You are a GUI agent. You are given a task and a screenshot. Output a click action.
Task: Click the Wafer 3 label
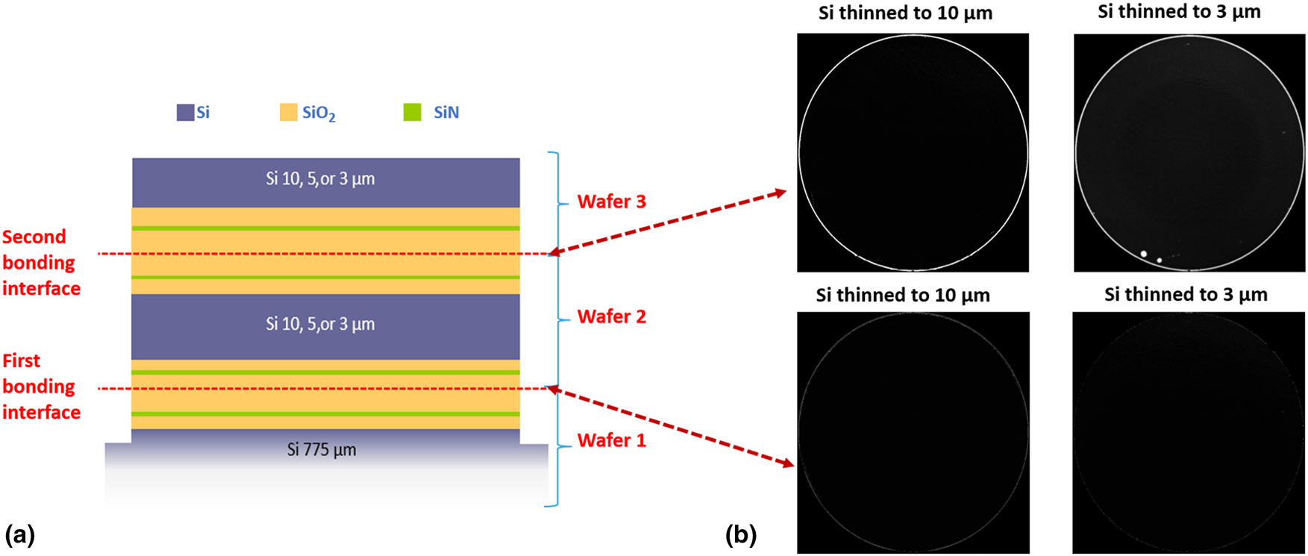coord(611,202)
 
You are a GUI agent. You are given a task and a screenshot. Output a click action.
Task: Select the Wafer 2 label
coord(611,316)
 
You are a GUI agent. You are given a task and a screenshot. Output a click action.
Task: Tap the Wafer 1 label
coord(611,440)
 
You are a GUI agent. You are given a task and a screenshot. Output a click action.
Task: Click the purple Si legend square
coord(185,113)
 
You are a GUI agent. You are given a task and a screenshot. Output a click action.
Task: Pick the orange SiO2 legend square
coord(288,113)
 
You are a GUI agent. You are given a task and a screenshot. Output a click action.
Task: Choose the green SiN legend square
coord(412,113)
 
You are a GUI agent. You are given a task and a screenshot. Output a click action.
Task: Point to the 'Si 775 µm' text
coord(322,450)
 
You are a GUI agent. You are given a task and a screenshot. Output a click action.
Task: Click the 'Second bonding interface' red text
coord(40,263)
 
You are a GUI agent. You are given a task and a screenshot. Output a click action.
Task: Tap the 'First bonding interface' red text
coord(40,387)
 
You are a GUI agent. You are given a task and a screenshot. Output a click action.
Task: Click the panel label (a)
coord(19,534)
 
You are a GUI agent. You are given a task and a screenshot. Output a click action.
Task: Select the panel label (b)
coord(741,534)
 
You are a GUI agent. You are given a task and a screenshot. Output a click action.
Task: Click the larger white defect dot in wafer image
coord(1144,254)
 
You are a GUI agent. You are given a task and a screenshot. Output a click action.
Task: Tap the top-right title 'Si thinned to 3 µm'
coord(1179,12)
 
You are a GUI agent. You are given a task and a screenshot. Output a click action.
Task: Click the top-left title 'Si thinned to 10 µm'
coord(905,13)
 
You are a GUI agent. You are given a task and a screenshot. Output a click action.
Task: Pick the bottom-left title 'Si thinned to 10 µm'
coord(903,296)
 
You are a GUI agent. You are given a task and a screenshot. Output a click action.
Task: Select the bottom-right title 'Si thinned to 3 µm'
coord(1186,295)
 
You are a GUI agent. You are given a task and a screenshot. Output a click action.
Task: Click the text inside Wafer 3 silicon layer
coord(320,179)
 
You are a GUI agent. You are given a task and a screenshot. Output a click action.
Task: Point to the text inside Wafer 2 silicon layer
coord(320,324)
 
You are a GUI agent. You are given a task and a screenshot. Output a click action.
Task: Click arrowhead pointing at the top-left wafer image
coord(780,193)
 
